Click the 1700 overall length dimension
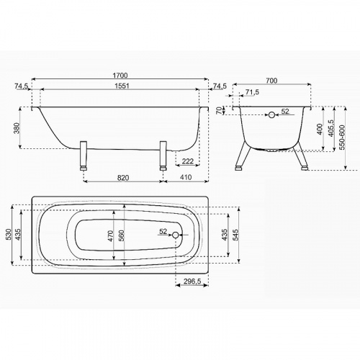click(120, 76)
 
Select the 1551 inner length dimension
click(122, 86)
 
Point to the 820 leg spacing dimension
click(123, 178)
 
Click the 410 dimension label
click(186, 177)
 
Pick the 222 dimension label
click(188, 161)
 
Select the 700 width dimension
click(271, 81)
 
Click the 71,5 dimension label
click(252, 92)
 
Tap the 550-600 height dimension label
click(343, 138)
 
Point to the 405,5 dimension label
click(331, 129)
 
